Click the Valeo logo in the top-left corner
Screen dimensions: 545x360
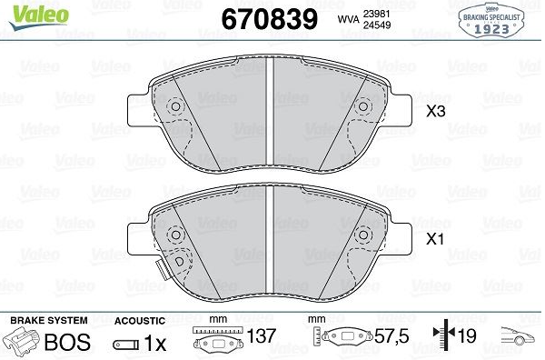click(x=39, y=17)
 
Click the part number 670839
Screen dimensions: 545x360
click(x=270, y=19)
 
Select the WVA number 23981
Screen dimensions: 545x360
click(x=376, y=14)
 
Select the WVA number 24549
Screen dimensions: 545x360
click(x=377, y=25)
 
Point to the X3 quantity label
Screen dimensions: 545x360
click(x=435, y=111)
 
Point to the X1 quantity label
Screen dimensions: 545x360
click(x=435, y=239)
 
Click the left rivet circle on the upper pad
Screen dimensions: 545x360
click(x=176, y=106)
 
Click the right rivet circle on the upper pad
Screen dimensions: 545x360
click(x=363, y=106)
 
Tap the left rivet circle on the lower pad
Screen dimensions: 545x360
click(x=176, y=235)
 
